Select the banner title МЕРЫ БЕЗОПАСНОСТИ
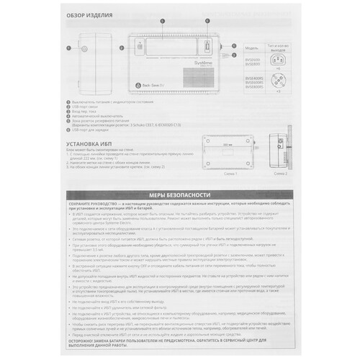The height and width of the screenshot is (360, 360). click(x=180, y=194)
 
